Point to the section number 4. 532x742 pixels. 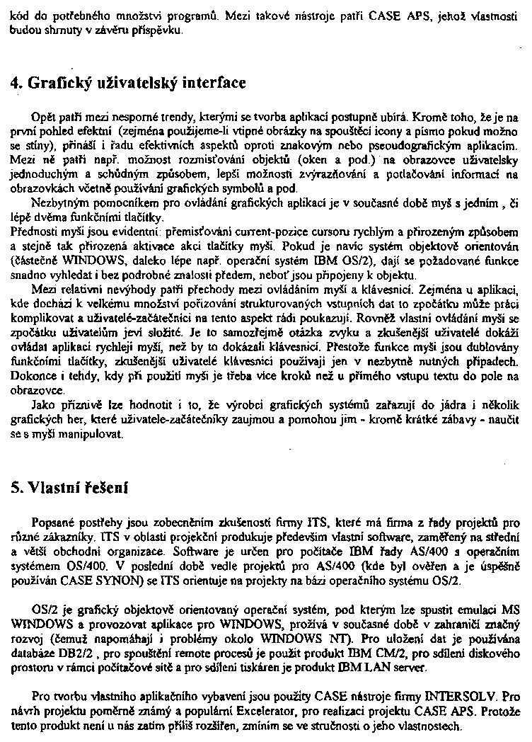pos(15,83)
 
